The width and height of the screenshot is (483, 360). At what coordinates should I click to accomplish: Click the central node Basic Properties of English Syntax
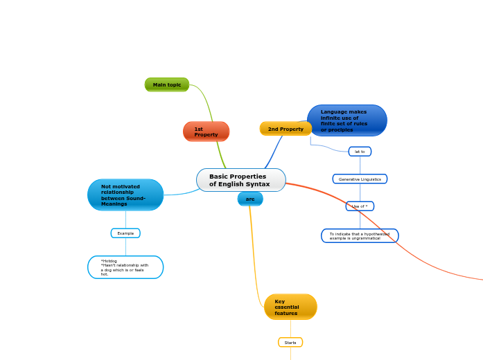tap(240, 180)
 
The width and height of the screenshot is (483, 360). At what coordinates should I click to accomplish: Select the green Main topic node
tap(167, 84)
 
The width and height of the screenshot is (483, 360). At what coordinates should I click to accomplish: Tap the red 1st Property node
tap(206, 132)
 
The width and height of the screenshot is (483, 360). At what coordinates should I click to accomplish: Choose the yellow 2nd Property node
tap(286, 129)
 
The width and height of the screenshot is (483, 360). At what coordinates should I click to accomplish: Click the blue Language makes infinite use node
tap(346, 120)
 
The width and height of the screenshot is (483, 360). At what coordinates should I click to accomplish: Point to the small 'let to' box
tap(360, 152)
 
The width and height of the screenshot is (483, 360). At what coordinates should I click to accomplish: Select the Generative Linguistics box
tap(360, 179)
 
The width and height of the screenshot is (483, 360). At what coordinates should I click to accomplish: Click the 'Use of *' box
tap(360, 206)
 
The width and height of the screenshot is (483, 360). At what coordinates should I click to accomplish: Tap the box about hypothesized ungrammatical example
tap(360, 236)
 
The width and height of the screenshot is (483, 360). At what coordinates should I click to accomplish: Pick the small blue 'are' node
tap(250, 199)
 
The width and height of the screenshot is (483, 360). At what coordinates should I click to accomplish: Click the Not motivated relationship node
tap(125, 195)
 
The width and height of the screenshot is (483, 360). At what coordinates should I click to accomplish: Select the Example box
tap(125, 233)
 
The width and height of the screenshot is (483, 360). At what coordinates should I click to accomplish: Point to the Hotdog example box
tap(125, 267)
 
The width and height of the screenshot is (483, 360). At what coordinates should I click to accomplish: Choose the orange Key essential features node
tap(290, 307)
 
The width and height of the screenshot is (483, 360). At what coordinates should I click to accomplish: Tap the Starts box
tap(290, 343)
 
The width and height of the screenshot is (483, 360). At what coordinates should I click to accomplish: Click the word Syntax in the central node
tap(258, 184)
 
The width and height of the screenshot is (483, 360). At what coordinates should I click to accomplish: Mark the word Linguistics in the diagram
tap(369, 179)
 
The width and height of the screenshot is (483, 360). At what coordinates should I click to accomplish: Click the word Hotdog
tap(109, 261)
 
